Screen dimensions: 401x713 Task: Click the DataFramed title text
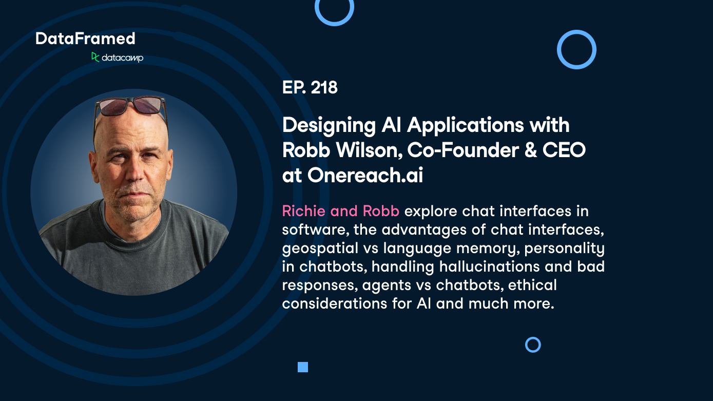click(x=85, y=39)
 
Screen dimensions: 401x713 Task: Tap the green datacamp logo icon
click(x=95, y=57)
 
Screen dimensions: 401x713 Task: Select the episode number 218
click(x=324, y=88)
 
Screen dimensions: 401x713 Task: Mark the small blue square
click(x=303, y=367)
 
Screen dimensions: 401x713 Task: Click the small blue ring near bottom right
click(x=533, y=345)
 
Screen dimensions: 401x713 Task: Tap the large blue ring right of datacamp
click(x=576, y=49)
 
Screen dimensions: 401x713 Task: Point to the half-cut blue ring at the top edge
click(x=334, y=9)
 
